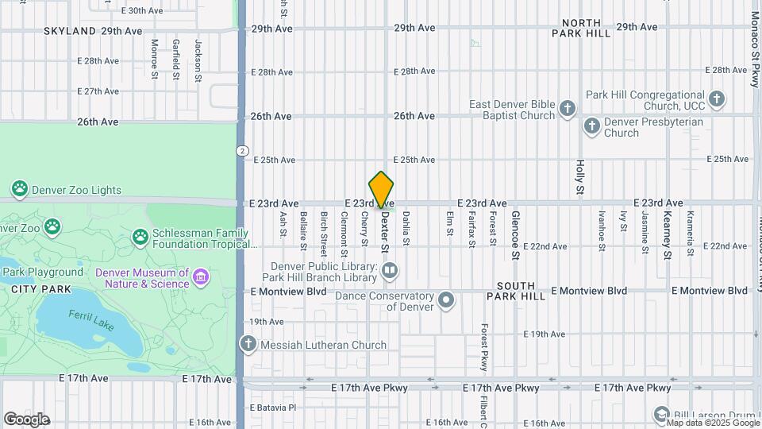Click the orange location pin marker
click(x=382, y=190)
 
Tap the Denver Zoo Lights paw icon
click(x=19, y=189)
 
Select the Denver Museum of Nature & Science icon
click(x=202, y=277)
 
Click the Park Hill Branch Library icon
click(x=390, y=272)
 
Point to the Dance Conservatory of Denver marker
click(x=447, y=300)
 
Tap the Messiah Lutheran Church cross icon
click(x=248, y=344)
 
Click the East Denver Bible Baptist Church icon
click(x=568, y=109)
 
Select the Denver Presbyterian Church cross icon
click(x=591, y=126)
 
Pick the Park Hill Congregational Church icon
click(x=717, y=99)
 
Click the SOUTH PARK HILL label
click(x=521, y=290)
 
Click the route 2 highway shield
click(x=240, y=151)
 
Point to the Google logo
click(x=26, y=419)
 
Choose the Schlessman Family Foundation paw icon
click(x=140, y=237)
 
